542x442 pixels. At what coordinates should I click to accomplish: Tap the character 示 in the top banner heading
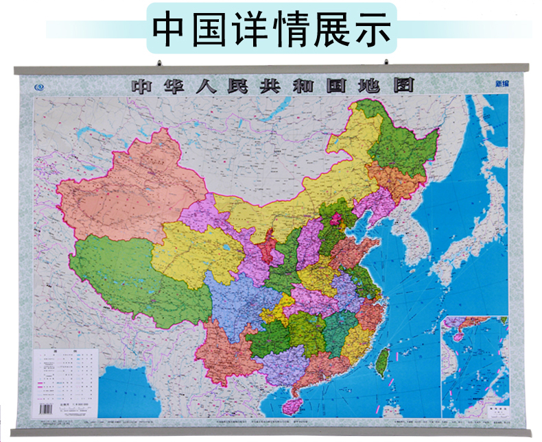pos(373,29)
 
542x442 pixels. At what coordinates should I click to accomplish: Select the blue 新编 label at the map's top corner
pos(503,85)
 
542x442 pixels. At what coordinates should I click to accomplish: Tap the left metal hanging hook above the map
pos(159,64)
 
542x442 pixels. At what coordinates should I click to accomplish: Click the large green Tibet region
pos(137,274)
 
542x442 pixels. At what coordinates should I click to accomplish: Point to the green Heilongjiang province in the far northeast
pos(405,147)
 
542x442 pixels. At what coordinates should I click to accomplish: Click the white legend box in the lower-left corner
pos(67,378)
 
